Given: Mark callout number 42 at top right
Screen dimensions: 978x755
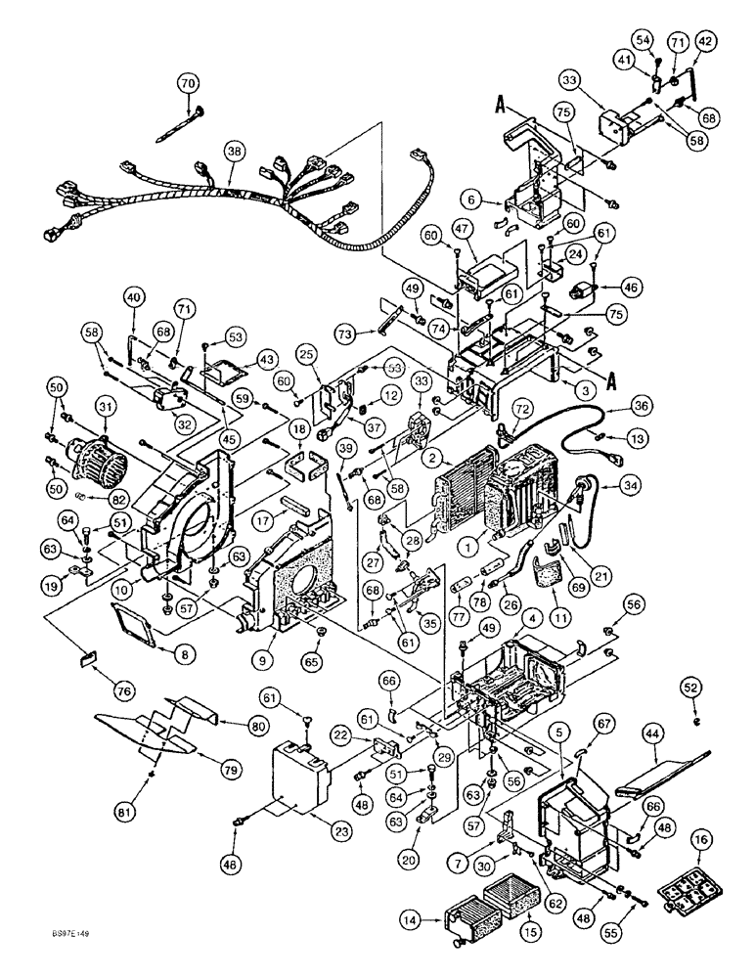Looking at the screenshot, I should click(x=704, y=40).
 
